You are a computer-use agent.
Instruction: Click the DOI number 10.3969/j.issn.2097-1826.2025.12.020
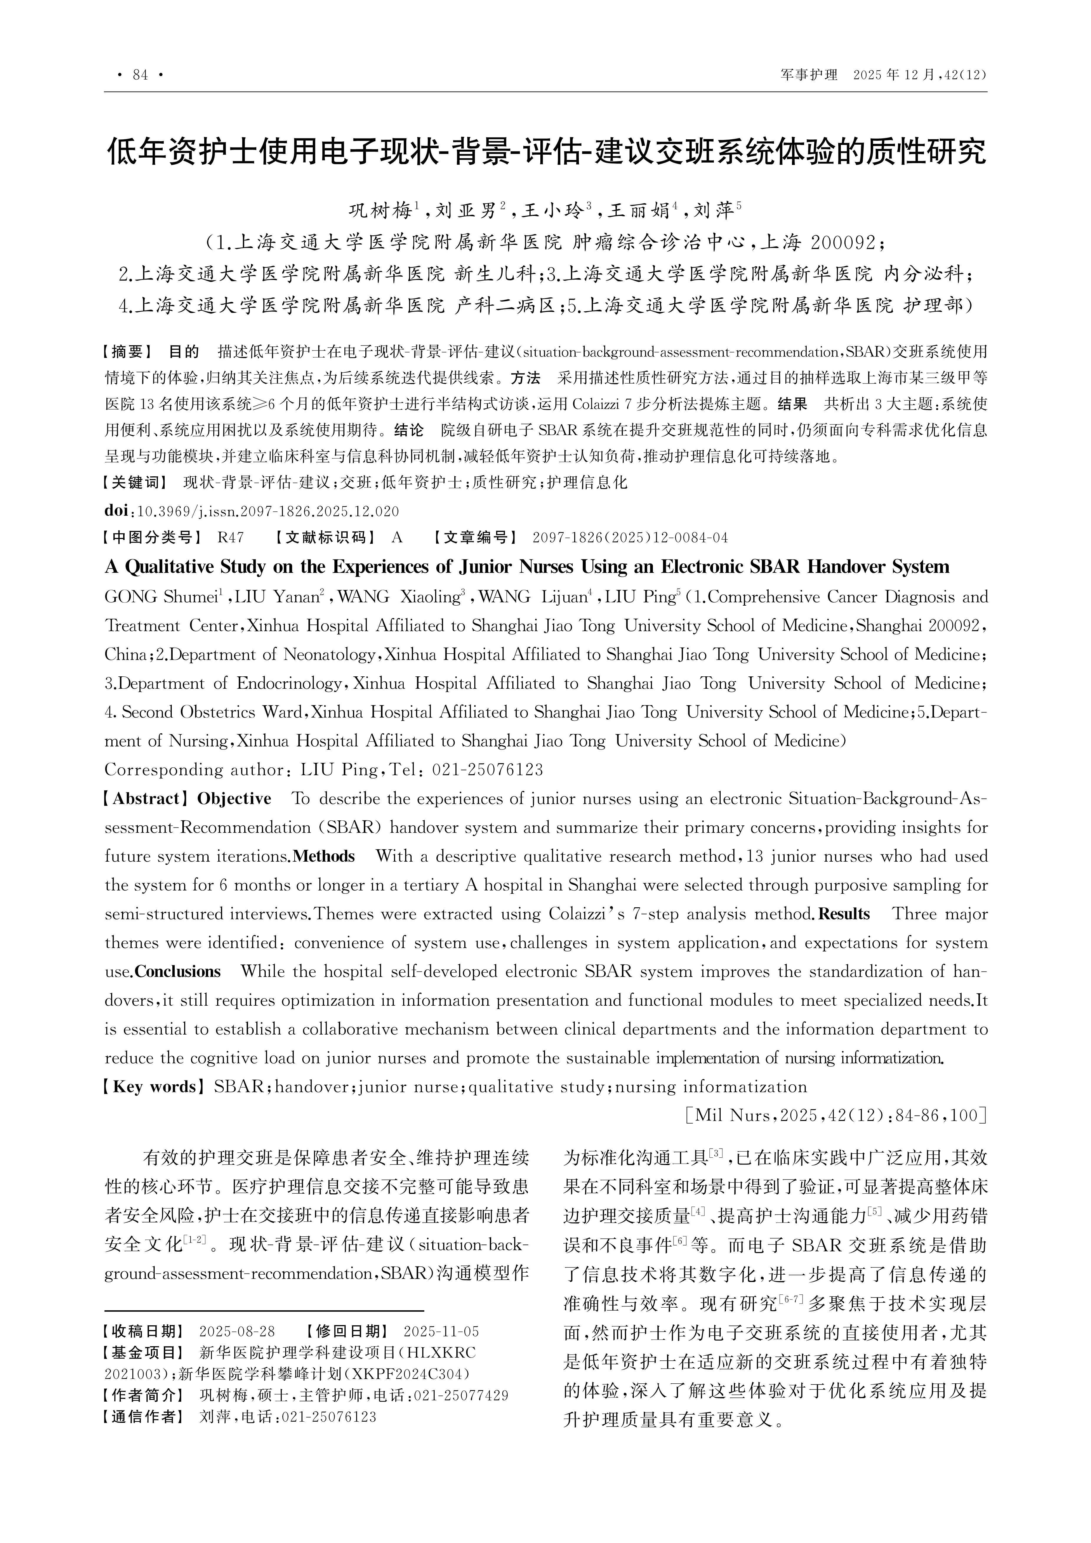coord(268,511)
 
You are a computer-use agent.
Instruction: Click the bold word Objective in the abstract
coord(234,799)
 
